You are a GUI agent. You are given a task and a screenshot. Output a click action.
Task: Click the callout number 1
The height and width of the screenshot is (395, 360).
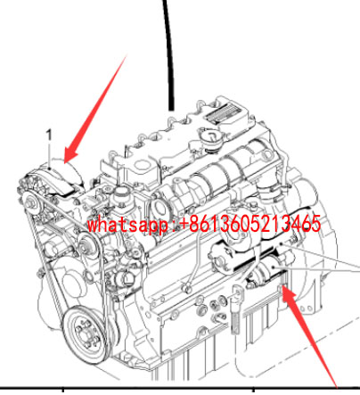[x=49, y=135]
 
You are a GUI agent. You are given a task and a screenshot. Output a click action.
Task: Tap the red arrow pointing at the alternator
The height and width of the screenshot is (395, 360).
[x=95, y=109]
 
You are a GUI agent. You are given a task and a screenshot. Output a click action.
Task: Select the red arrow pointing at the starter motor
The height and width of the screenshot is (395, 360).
[x=309, y=336]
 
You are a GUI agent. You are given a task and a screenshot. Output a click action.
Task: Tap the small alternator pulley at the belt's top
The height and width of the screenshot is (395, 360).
[x=32, y=203]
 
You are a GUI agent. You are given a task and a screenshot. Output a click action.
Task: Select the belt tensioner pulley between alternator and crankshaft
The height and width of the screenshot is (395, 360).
[x=88, y=247]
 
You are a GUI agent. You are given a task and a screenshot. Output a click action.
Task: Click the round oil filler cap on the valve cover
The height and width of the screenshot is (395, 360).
[x=211, y=139]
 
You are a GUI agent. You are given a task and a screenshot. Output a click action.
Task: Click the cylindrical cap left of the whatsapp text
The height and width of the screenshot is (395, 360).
[x=120, y=195]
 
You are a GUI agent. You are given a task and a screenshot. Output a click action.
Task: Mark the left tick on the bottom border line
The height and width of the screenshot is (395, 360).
[x=63, y=390]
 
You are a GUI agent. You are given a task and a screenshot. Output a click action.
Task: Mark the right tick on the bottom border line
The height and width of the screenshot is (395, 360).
[x=253, y=390]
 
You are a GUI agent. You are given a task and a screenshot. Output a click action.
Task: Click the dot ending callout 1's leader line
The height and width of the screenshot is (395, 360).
[x=49, y=169]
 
